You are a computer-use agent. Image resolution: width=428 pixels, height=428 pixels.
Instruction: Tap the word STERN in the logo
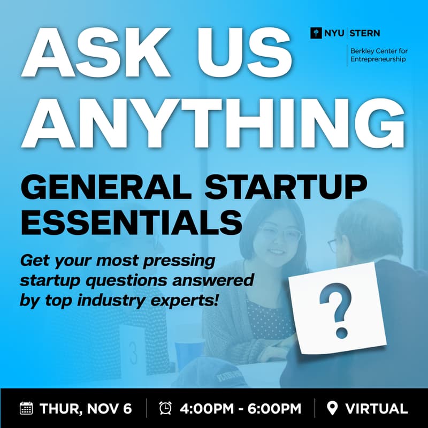click(x=365, y=33)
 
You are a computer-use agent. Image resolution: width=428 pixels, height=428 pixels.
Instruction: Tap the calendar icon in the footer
click(x=26, y=409)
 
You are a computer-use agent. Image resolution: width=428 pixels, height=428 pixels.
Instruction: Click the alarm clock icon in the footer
click(x=165, y=409)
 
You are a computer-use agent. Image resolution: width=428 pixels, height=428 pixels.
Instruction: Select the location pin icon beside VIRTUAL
click(x=332, y=409)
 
